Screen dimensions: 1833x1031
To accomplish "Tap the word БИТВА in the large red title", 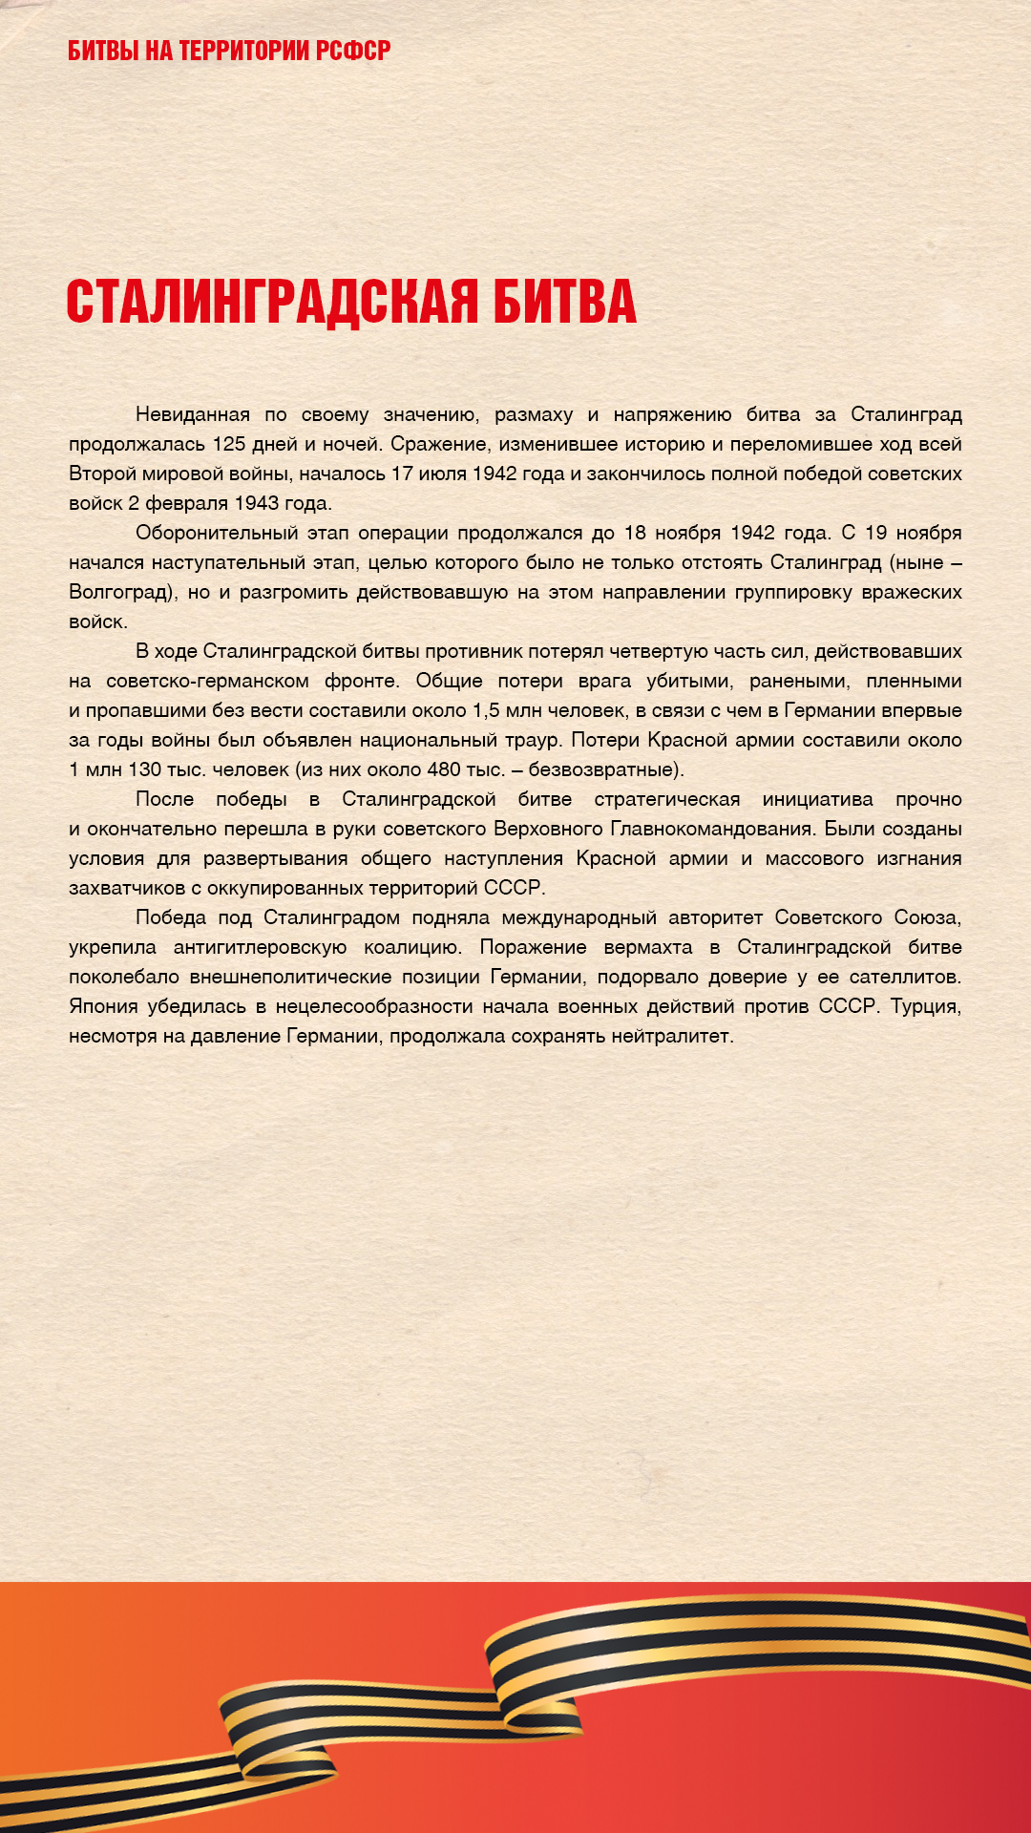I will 564,302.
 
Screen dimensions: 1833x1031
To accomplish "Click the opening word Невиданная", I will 193,414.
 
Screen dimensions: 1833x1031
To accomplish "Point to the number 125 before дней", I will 229,444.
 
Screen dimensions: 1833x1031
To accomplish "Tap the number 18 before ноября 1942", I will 636,533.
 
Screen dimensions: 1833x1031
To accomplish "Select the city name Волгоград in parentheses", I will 119,592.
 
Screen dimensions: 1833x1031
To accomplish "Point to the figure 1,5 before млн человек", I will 486,710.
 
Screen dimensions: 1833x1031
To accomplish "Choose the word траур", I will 535,740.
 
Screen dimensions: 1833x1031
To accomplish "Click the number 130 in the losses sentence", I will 144,769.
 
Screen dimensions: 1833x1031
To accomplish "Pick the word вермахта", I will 648,947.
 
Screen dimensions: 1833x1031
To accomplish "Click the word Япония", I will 102,1006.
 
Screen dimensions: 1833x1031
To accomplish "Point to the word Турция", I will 925,1006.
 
